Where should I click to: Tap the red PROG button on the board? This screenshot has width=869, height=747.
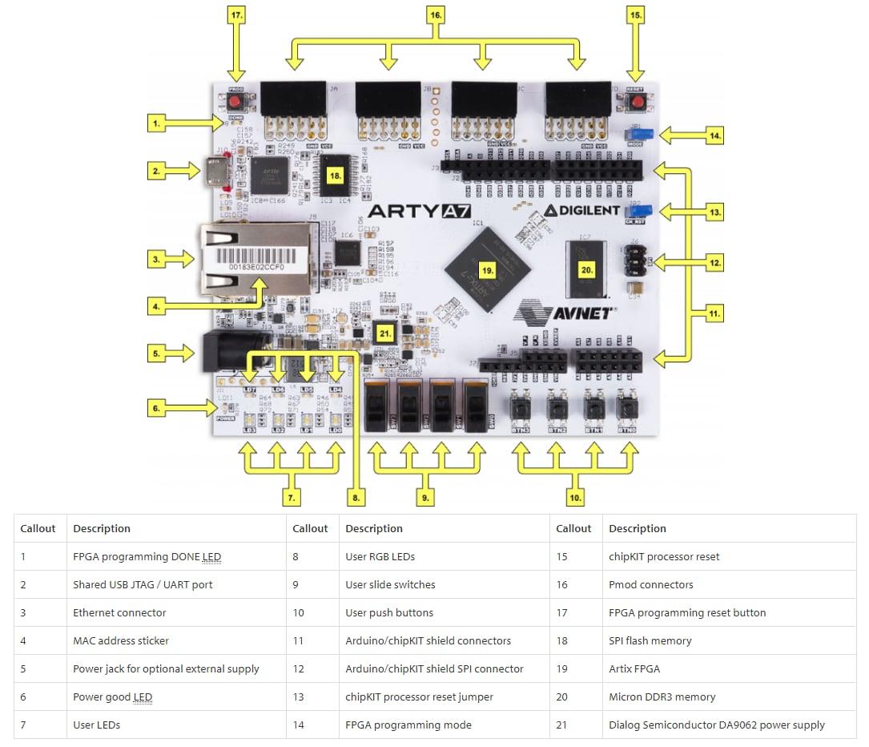point(235,103)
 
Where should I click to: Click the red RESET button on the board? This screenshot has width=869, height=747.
point(636,103)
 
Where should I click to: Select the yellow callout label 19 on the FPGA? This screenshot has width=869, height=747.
point(486,270)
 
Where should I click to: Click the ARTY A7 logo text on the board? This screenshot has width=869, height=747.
point(415,212)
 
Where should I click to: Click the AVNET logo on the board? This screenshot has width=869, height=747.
point(563,311)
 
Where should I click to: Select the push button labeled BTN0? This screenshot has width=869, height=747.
point(626,408)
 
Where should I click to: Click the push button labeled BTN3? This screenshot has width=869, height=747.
point(521,408)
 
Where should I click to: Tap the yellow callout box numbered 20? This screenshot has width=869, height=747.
point(586,270)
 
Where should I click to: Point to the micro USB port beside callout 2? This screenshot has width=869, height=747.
point(217,171)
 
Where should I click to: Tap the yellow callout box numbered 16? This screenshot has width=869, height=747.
point(436,14)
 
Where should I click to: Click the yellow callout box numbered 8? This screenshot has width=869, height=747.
point(358,497)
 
